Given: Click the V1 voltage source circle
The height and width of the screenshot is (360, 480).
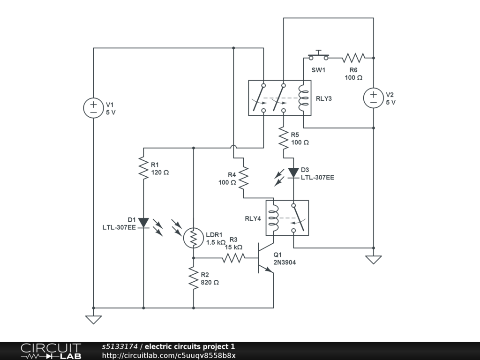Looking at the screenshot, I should [x=94, y=108].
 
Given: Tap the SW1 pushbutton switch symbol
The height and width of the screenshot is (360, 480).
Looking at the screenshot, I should [x=319, y=57].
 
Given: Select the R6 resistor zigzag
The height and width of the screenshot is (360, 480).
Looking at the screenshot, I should [x=353, y=58].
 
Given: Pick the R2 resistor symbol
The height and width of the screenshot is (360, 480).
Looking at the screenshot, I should [x=194, y=278].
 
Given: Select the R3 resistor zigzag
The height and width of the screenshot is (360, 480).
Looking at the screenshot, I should [x=233, y=258].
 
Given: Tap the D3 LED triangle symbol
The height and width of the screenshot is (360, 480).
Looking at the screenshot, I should [x=293, y=173].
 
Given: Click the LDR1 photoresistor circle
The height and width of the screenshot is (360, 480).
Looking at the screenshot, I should [x=193, y=238].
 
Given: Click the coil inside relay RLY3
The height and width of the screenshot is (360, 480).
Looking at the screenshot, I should [x=304, y=98].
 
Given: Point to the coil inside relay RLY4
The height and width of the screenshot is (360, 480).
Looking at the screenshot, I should [x=274, y=218].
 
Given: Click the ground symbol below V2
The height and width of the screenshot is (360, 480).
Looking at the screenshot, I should [x=374, y=259].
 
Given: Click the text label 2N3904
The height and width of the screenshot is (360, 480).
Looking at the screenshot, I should [x=285, y=262].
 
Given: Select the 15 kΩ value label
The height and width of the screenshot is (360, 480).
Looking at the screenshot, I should [x=233, y=247].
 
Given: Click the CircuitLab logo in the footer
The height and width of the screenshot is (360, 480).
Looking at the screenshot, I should [x=51, y=351].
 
